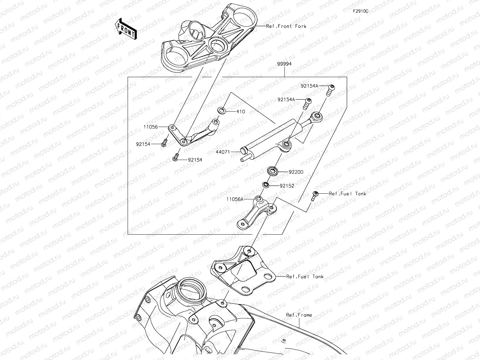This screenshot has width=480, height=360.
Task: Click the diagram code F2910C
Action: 361,11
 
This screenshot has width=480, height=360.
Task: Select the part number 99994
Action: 284,64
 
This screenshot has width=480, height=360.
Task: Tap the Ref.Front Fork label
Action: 286,26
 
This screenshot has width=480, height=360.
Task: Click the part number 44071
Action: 223,152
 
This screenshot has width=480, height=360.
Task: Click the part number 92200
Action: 296,172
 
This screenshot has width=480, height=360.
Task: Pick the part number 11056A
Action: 235,199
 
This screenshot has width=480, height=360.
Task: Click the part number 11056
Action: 150,127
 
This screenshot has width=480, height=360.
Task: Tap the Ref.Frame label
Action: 299,315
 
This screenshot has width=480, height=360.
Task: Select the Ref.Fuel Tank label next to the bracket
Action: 305,277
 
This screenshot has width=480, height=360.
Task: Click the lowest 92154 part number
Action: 195,160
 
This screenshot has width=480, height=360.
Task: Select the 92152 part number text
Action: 287,186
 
